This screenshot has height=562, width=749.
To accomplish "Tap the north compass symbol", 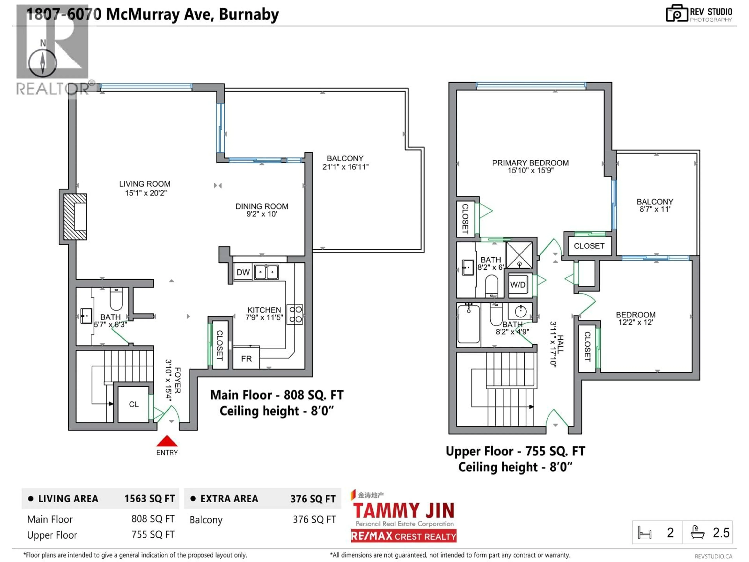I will tap(43, 63).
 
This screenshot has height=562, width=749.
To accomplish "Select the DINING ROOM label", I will tap(262, 206).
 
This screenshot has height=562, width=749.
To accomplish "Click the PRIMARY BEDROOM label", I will tap(530, 163).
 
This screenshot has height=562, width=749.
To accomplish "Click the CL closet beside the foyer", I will tap(133, 404).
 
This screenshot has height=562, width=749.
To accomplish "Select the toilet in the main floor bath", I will tap(116, 300).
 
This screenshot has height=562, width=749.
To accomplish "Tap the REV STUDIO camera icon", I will tap(676, 13).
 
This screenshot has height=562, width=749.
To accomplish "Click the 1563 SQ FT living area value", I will tap(149, 499).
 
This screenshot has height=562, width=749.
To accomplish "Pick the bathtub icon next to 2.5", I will tap(698, 533).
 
